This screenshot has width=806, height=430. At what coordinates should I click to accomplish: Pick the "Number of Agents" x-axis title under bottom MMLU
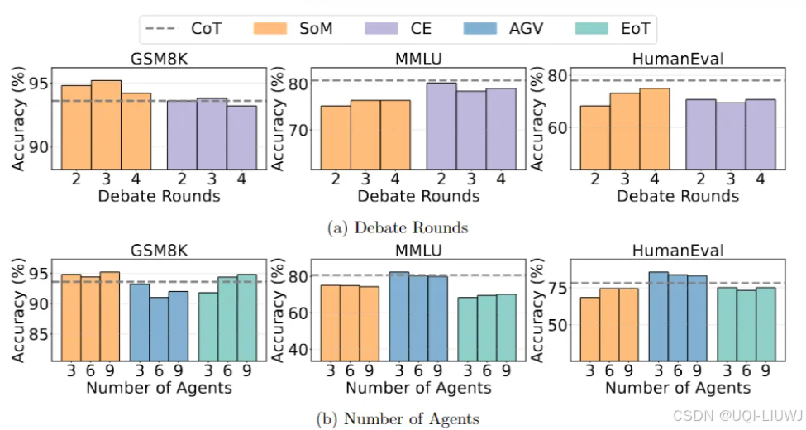tap(418, 387)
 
